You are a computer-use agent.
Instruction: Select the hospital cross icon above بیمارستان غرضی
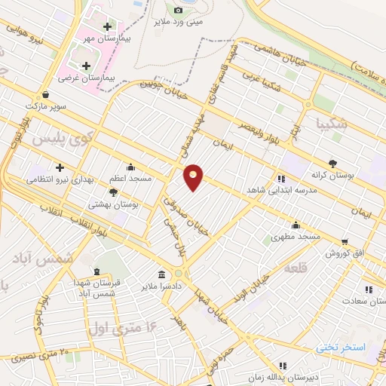(x=85, y=66)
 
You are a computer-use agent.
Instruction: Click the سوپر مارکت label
(x=46, y=106)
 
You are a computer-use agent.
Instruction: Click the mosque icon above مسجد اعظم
(x=130, y=167)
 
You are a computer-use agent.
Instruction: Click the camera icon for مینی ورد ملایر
(x=178, y=10)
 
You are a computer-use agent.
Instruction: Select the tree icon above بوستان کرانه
(x=332, y=163)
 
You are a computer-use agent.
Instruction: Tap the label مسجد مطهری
(x=296, y=236)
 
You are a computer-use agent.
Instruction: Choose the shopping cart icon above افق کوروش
(x=345, y=242)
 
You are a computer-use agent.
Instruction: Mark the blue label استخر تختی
(x=341, y=347)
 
